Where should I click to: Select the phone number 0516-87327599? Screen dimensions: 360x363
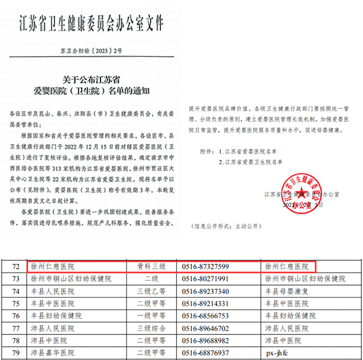point(206,266)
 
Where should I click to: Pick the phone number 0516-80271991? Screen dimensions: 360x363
point(206,279)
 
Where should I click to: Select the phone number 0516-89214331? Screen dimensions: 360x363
point(206,304)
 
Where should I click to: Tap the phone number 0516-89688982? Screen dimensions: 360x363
point(206,341)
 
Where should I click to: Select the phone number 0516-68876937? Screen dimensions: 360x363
point(206,353)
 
